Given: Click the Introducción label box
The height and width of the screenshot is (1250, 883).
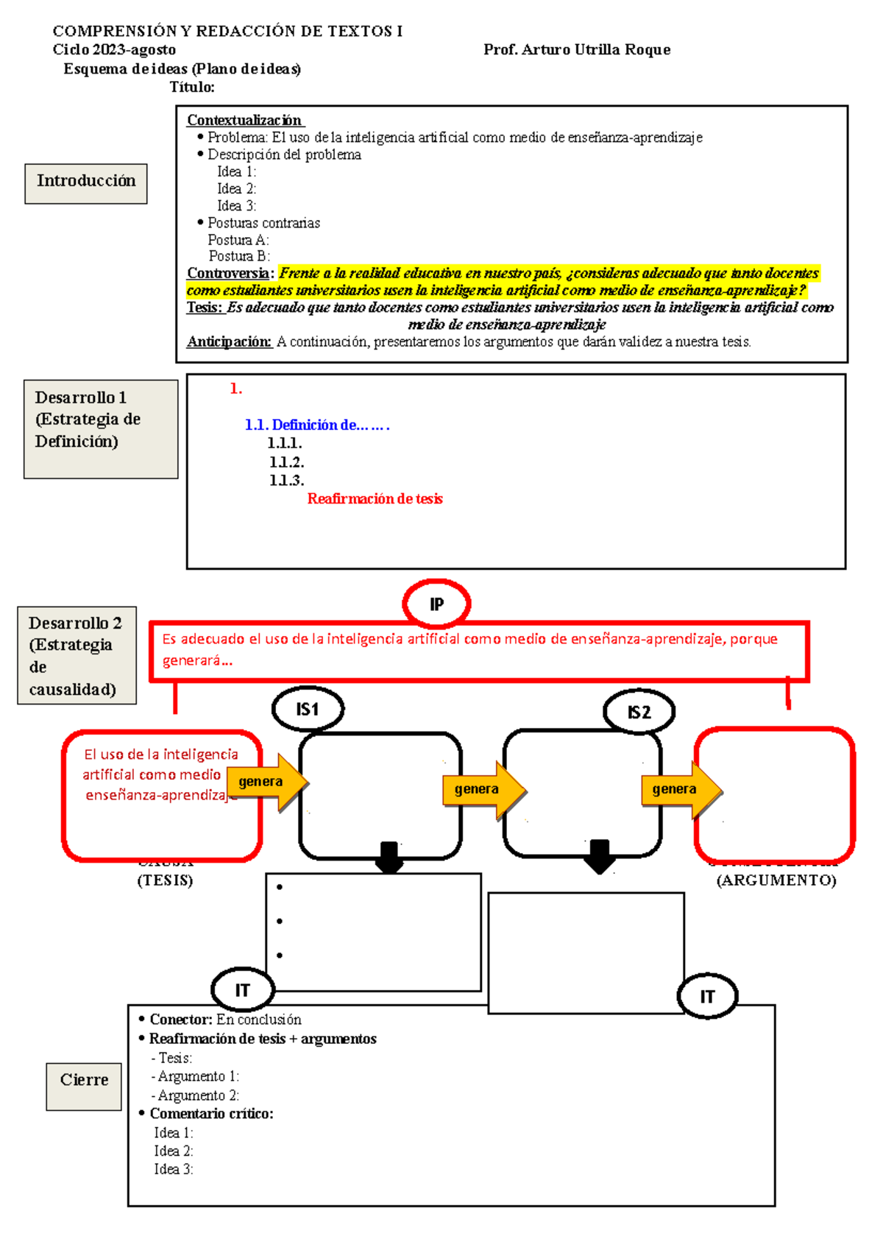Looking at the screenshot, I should pos(86,183).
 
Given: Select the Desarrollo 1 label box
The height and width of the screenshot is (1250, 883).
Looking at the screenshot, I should pos(101,429).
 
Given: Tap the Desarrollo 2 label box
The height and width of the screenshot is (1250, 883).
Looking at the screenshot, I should pos(77,655).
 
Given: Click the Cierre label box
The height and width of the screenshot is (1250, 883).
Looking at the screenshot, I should pos(84,1086).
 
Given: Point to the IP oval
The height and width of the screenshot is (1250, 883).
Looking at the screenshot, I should pos(436,604).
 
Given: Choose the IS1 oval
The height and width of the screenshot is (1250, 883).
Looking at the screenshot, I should pos(308,710).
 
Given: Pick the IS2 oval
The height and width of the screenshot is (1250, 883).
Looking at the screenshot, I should pos(639,713).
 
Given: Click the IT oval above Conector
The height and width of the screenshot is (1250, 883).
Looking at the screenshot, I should pos(242,990).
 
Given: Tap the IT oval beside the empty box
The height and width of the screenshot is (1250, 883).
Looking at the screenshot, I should pos(707,997).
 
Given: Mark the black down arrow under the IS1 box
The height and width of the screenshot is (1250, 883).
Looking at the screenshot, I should pos(389,857).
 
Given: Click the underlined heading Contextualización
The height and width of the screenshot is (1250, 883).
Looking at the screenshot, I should pos(244,120).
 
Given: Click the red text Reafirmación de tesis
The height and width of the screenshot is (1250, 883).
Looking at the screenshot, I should pos(375,499).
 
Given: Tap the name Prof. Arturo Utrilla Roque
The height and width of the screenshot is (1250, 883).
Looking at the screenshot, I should pos(577,49).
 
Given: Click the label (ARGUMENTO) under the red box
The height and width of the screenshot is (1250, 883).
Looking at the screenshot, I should pos(776,880).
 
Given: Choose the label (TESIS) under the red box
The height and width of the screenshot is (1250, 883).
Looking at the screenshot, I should pos(165,880).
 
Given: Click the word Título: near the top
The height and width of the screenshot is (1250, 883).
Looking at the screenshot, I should pos(192,87).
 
